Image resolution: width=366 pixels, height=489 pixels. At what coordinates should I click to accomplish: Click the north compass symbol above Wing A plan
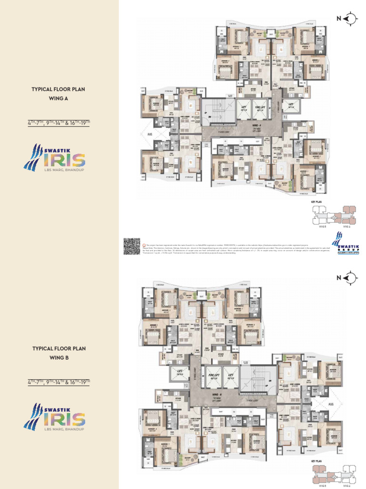click(351, 19)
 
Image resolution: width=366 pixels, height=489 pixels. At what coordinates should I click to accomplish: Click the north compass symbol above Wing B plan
click(351, 278)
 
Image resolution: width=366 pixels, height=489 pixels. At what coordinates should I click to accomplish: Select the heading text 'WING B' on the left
click(59, 357)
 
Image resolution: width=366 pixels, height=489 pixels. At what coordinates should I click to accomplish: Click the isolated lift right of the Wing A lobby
click(291, 107)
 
